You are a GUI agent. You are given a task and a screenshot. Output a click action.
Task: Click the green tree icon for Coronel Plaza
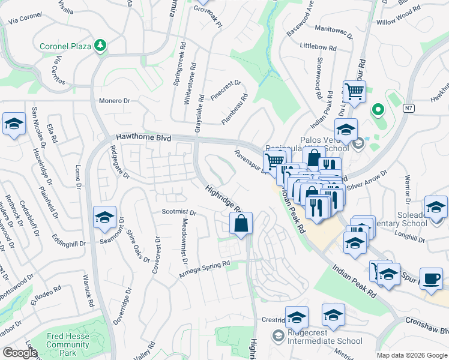point(101,46)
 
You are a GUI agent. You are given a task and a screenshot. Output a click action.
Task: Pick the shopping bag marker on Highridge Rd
point(241,224)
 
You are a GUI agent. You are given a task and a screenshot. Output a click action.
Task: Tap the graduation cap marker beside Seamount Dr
point(104,217)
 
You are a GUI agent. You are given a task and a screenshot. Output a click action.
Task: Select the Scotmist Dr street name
point(179,212)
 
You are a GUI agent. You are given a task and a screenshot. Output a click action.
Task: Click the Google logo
point(20,352)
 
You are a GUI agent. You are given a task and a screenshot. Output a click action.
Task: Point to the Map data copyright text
point(411,355)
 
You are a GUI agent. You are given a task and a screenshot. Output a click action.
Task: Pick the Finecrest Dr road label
point(226,91)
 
